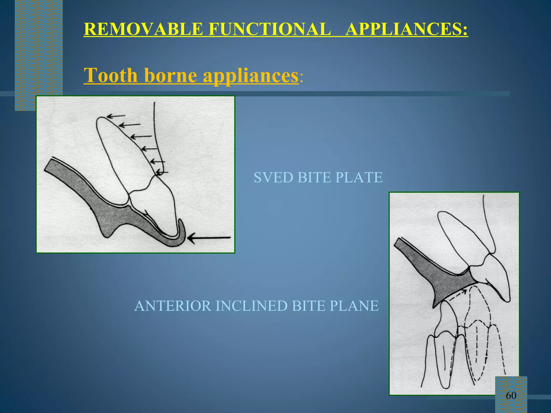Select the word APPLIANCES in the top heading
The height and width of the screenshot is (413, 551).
pyautogui.click(x=406, y=29)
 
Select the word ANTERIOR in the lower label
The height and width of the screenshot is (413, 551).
pyautogui.click(x=172, y=306)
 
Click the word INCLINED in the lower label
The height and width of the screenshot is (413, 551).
pyautogui.click(x=252, y=306)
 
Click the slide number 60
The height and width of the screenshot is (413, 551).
pyautogui.click(x=511, y=396)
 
